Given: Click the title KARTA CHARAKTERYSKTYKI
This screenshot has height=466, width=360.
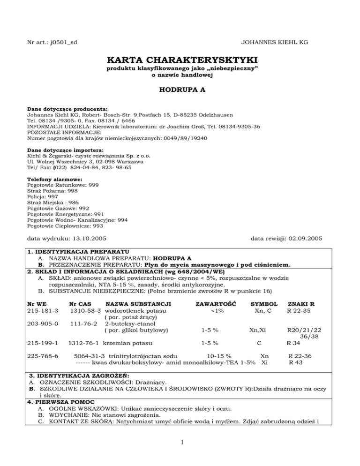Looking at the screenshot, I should pyautogui.click(x=180, y=61).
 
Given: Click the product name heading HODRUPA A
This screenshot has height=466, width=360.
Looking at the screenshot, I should pyautogui.click(x=180, y=91).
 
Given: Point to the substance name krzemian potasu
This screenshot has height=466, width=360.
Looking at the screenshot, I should pyautogui.click(x=128, y=343).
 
